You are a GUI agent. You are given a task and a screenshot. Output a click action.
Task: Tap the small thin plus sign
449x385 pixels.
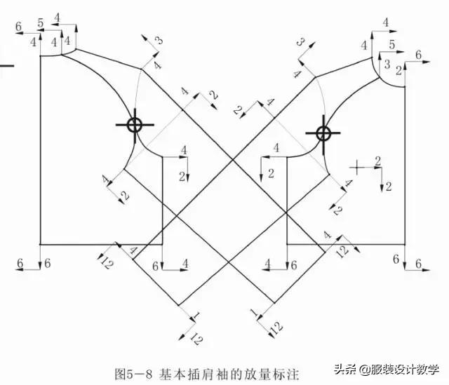357,167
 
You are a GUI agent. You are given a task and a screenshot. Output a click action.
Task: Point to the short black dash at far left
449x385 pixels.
6,65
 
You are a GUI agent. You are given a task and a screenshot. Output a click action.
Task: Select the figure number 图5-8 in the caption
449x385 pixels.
133,374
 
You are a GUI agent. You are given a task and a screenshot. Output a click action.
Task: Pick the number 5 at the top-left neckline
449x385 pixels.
41,23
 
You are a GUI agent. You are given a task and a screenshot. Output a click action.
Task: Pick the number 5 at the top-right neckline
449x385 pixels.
391,45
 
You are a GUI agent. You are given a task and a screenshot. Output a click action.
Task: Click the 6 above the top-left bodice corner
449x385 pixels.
19,27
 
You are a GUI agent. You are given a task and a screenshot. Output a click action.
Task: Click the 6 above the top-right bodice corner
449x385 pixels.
418,55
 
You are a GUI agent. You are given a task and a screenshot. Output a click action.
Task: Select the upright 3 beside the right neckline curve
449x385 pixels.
387,64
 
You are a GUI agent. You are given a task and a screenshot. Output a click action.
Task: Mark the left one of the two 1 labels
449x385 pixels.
196,316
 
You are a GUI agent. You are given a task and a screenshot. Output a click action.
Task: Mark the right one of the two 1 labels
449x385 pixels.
255,312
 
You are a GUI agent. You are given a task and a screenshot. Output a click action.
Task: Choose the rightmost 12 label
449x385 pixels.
342,251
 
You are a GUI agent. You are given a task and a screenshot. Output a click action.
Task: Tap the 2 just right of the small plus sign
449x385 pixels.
378,161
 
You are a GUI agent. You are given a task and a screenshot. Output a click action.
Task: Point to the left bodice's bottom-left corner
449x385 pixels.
40,244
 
